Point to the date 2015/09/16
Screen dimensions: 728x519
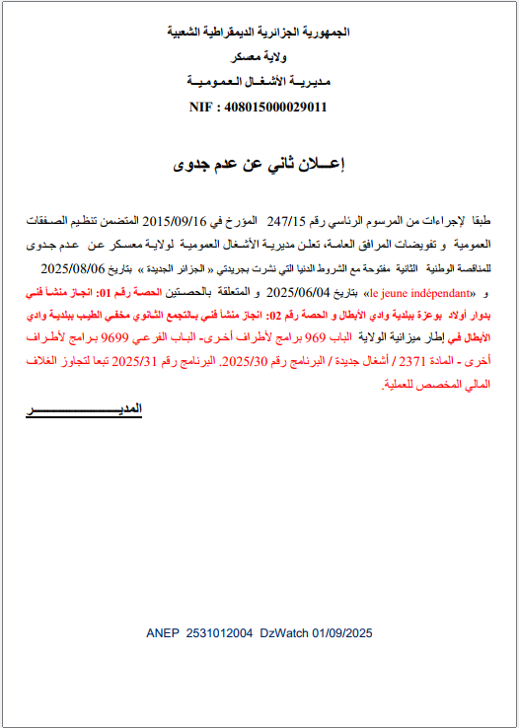tap(177, 221)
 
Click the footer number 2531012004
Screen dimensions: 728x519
tap(219, 632)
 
